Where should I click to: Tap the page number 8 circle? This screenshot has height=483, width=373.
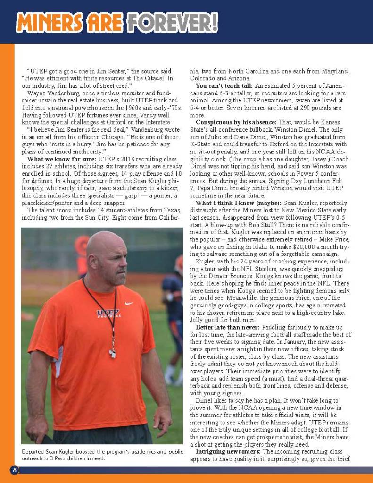(15, 470)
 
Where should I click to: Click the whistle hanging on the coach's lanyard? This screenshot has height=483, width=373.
(113, 352)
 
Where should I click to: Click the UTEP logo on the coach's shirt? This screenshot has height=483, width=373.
(108, 313)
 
